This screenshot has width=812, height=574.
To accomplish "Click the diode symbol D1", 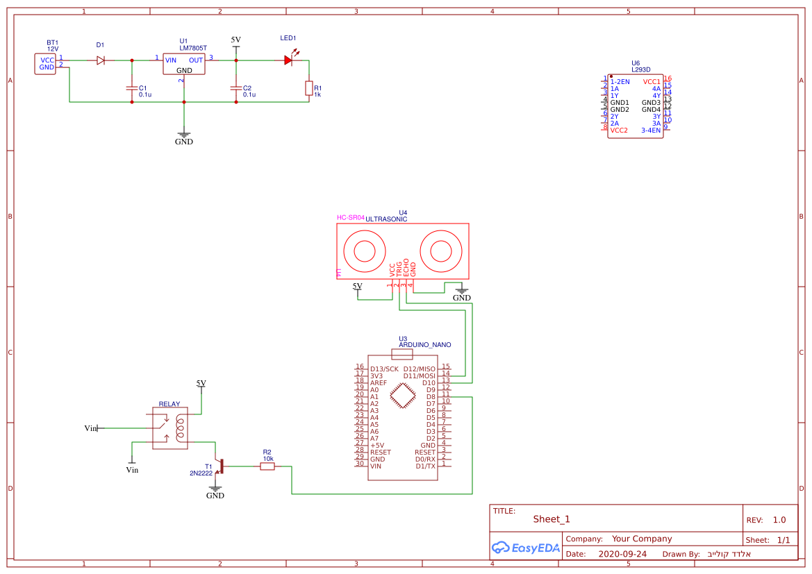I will pos(101,60).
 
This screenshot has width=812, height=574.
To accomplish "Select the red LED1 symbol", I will pos(288,60).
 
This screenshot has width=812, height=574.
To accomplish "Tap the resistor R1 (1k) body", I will pos(309,88).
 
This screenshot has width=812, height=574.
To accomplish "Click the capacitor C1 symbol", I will pos(131,88).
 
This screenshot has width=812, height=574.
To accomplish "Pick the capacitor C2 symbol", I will pos(236,88).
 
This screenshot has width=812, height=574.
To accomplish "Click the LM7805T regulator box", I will pos(183,65).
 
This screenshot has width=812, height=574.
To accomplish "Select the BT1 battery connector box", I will pos(46,64).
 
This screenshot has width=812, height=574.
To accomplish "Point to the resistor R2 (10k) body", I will pos(267,466).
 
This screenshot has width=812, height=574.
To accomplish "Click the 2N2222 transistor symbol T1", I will pos(219,466).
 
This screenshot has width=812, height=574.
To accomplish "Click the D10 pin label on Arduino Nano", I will pos(428,382).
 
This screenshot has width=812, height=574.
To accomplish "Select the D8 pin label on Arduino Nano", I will pos(430,396).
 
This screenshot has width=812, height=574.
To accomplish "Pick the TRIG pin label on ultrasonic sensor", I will pos(399,270).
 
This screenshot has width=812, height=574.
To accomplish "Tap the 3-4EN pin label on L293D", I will pos(650,130).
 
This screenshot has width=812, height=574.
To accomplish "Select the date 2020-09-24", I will pos(622,554).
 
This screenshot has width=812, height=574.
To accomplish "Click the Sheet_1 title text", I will pos(552,519).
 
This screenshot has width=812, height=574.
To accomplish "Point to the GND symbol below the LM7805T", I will pos(183,135).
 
